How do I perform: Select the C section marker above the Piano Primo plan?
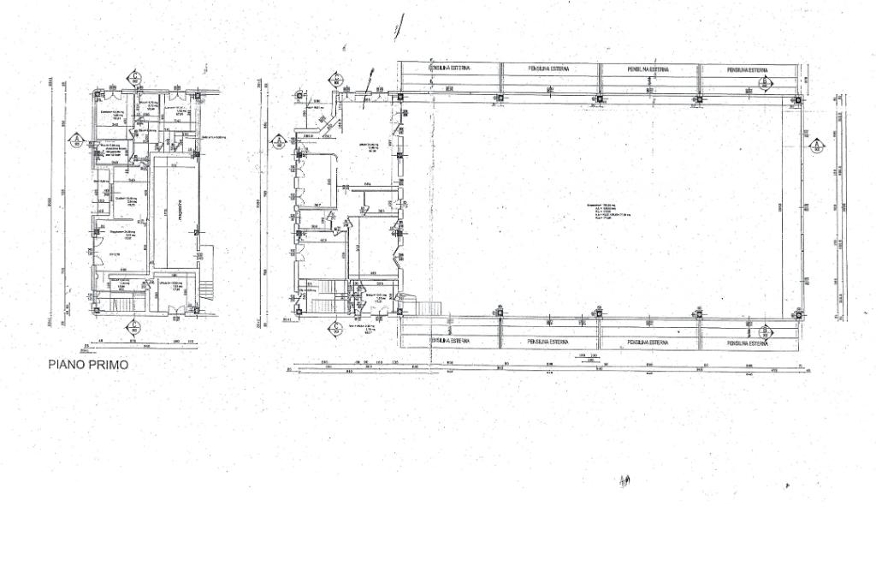coord(134,80)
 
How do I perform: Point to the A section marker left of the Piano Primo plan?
coord(77,140)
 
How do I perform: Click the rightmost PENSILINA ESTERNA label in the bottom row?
coord(749,343)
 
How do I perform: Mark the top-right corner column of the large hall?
coord(798,99)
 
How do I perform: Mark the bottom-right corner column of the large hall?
coord(799,314)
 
